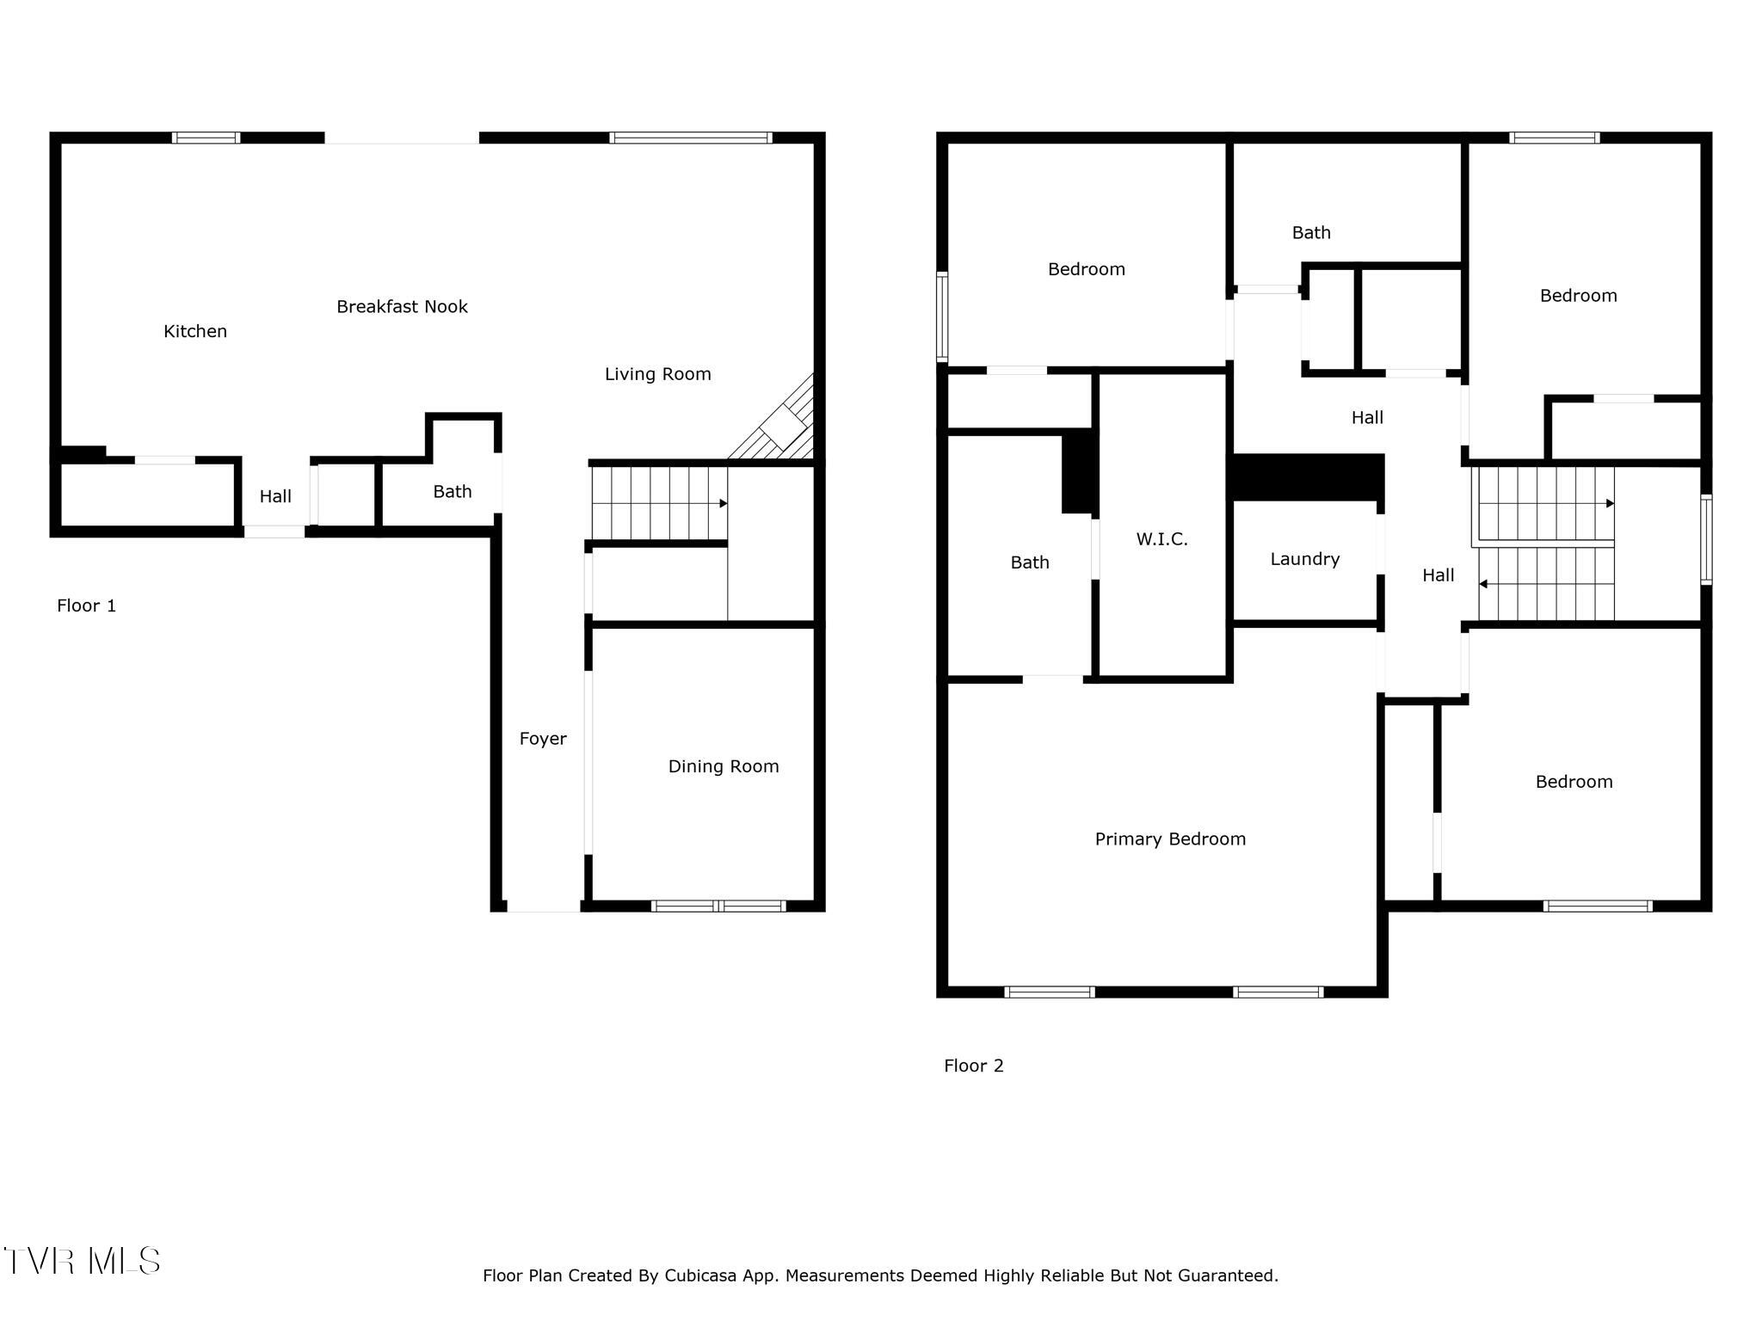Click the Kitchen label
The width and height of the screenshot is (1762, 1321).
click(195, 331)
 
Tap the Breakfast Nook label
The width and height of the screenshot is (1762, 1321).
click(402, 306)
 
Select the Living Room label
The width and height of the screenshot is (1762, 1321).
click(658, 374)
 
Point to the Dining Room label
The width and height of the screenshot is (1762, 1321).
click(724, 766)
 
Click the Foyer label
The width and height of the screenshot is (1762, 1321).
click(543, 739)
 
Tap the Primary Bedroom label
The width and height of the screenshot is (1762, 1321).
click(1170, 839)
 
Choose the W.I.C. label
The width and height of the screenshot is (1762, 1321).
click(1161, 539)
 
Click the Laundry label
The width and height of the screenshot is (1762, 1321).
click(1305, 559)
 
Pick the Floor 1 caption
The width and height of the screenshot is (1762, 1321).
click(86, 605)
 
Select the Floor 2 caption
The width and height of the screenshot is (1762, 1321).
click(974, 1066)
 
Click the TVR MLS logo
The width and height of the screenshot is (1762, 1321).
click(82, 1261)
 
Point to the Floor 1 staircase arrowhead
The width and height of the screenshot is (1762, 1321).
click(724, 503)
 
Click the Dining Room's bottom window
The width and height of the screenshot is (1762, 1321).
click(718, 906)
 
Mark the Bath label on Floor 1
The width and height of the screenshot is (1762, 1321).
click(453, 492)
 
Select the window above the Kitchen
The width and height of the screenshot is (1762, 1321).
click(206, 138)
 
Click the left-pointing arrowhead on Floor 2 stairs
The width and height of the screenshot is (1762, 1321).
click(1483, 584)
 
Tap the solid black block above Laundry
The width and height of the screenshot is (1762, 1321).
click(1308, 477)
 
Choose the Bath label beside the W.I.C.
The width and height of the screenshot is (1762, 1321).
click(1030, 562)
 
